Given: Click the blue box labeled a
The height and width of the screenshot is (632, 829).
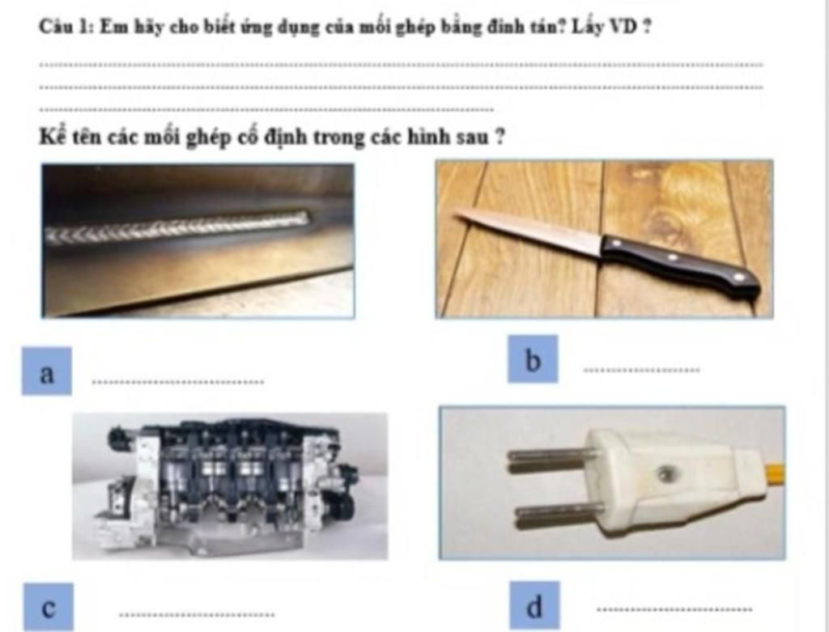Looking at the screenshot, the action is [46, 371].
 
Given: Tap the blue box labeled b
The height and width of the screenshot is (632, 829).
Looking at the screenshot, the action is [533, 358].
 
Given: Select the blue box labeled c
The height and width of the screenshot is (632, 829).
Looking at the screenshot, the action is [49, 607].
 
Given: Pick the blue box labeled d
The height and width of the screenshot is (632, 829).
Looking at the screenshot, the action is [534, 605].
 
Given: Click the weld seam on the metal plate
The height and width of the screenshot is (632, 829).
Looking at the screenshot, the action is [177, 227].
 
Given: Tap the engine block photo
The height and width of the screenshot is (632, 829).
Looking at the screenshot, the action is [230, 486].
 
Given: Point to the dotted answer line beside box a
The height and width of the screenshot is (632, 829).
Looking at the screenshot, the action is [177, 381].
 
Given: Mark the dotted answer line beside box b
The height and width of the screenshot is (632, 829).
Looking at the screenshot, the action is [641, 370].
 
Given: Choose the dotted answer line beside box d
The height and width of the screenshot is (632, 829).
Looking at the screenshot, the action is [674, 609].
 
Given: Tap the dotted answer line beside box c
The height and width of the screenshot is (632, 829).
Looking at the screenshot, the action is [197, 614].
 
